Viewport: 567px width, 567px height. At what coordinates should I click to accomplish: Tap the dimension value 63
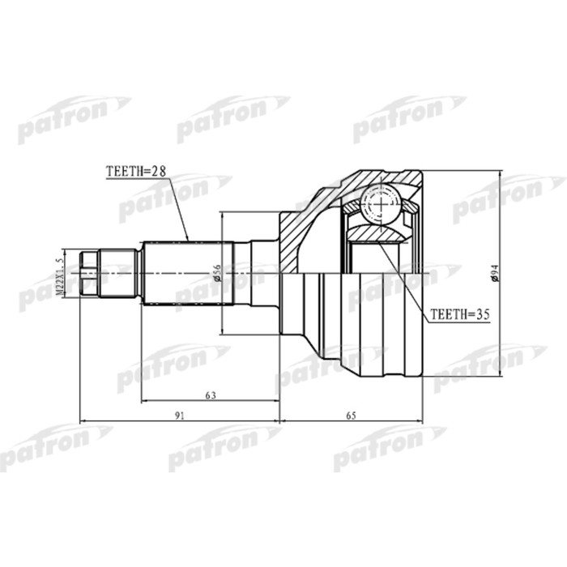(211, 395)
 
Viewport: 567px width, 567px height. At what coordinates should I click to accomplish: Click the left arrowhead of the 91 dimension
(84, 422)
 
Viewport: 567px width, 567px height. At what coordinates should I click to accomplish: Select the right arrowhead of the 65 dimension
(419, 422)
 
